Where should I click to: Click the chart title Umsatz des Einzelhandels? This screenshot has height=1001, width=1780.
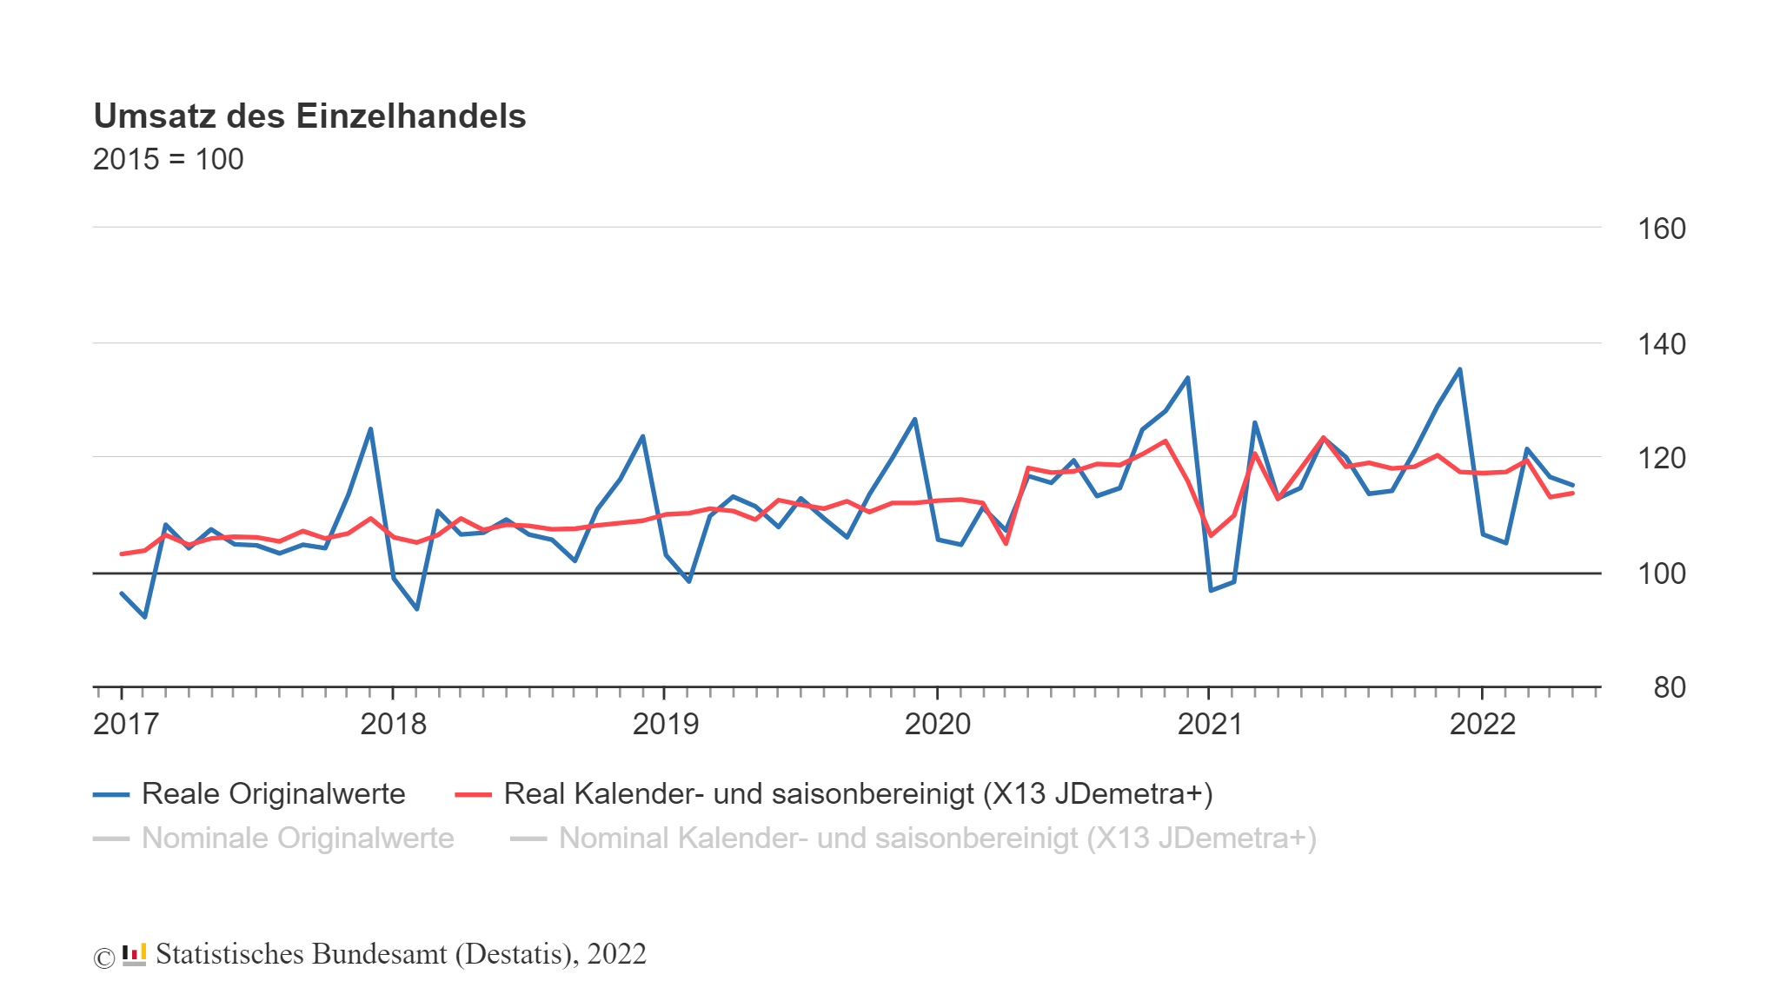pyautogui.click(x=309, y=116)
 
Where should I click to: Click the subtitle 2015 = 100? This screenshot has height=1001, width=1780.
pyautogui.click(x=168, y=160)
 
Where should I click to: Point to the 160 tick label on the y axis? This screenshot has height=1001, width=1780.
pyautogui.click(x=1661, y=229)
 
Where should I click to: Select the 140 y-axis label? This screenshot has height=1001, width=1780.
pyautogui.click(x=1661, y=344)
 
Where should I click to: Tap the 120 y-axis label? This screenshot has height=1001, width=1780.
pyautogui.click(x=1661, y=458)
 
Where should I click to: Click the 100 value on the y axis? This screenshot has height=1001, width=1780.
pyautogui.click(x=1661, y=573)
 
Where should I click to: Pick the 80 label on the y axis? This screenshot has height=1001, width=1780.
pyautogui.click(x=1669, y=687)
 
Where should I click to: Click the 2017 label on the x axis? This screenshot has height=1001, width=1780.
pyautogui.click(x=126, y=724)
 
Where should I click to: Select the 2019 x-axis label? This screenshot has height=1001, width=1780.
pyautogui.click(x=665, y=724)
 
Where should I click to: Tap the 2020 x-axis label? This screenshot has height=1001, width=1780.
pyautogui.click(x=937, y=724)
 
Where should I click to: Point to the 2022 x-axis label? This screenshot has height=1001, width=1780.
pyautogui.click(x=1482, y=724)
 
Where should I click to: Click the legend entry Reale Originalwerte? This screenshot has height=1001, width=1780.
pyautogui.click(x=273, y=793)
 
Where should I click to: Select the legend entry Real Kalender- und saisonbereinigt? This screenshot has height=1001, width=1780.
pyautogui.click(x=857, y=793)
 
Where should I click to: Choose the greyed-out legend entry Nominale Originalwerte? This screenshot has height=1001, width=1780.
pyautogui.click(x=297, y=838)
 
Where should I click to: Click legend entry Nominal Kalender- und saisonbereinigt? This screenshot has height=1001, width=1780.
pyautogui.click(x=937, y=838)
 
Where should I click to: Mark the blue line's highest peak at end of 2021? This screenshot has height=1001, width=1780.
pyautogui.click(x=1459, y=369)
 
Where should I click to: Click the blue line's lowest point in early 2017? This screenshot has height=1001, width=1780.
pyautogui.click(x=144, y=617)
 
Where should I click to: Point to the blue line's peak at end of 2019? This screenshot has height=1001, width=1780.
pyautogui.click(x=914, y=419)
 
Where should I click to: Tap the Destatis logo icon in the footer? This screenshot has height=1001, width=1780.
pyautogui.click(x=134, y=954)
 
